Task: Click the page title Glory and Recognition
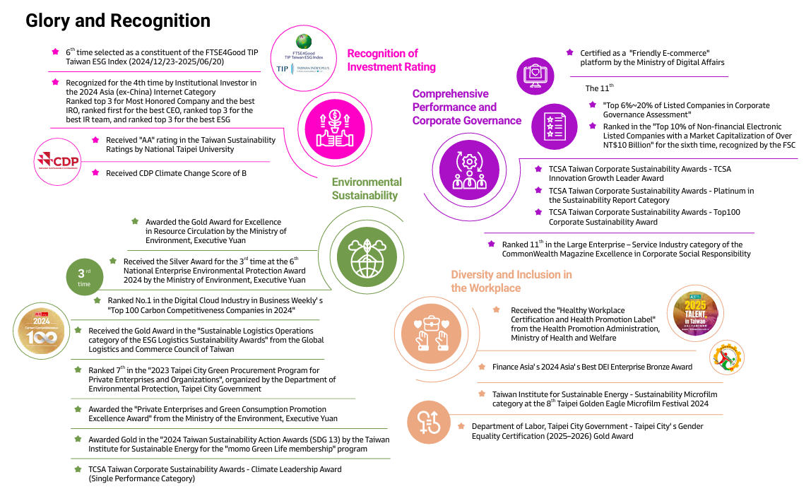click(118, 20)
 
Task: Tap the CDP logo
click(58, 163)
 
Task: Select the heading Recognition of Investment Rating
click(391, 60)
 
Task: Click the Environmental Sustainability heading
click(367, 189)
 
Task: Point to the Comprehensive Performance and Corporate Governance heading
click(466, 107)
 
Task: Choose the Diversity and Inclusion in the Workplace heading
click(511, 281)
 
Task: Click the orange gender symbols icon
click(430, 421)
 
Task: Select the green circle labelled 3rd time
click(84, 277)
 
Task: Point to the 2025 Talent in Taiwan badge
click(697, 310)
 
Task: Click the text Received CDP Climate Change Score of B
click(176, 173)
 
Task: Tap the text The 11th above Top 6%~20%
click(600, 88)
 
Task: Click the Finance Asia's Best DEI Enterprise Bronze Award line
click(592, 367)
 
